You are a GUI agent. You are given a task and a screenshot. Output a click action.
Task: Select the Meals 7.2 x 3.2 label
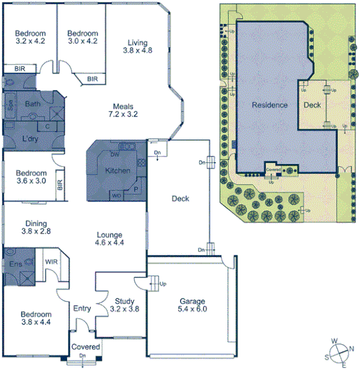click(x=123, y=110)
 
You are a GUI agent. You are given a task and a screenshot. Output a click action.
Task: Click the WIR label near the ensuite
click(x=52, y=260)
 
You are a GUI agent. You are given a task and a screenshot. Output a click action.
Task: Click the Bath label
click(x=33, y=103)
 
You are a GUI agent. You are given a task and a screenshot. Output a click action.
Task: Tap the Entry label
click(x=82, y=309)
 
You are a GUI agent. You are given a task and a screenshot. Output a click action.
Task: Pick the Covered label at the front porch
click(x=84, y=347)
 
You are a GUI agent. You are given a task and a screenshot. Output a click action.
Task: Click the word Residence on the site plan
click(x=269, y=105)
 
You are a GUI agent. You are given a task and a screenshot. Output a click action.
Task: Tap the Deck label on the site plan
click(x=312, y=105)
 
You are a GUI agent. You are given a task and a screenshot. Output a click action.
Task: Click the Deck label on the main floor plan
click(x=181, y=198)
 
